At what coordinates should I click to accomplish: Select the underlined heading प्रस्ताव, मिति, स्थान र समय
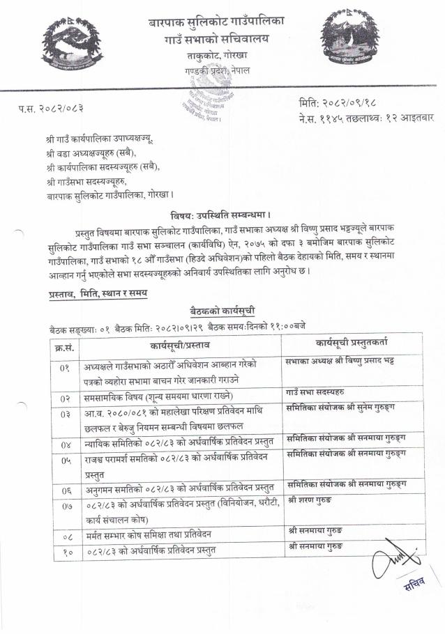[x=98, y=294]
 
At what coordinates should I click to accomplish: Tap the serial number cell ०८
[x=66, y=536]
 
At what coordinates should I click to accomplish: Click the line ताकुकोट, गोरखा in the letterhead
[x=217, y=55]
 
